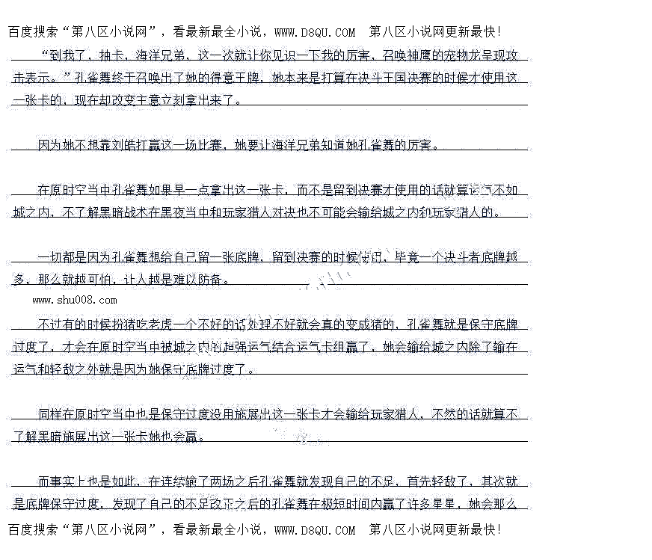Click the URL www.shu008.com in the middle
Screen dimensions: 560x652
click(75, 301)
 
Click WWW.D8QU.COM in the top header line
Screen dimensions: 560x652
click(315, 32)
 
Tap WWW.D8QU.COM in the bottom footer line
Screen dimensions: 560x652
click(315, 530)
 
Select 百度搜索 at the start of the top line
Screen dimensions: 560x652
click(34, 32)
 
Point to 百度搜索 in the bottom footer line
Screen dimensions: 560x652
click(34, 530)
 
